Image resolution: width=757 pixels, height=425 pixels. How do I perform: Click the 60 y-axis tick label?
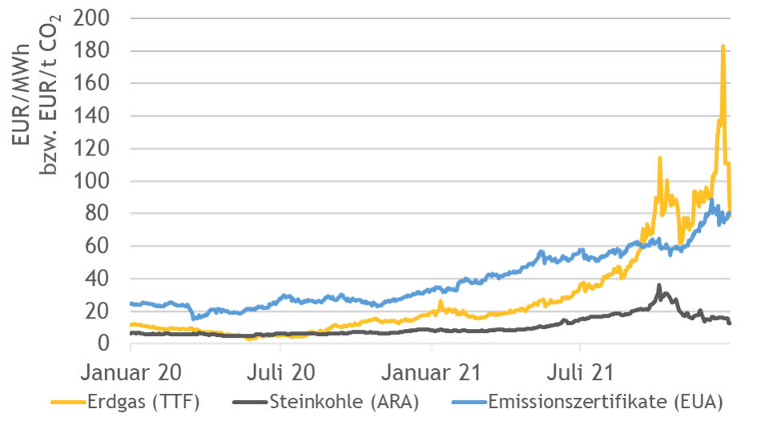pos(101,246)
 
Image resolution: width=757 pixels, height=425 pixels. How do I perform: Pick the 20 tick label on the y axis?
pos(101,311)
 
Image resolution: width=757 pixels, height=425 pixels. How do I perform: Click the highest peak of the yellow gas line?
pos(723,46)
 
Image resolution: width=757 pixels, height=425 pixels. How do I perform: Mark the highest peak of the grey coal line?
pos(659,285)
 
